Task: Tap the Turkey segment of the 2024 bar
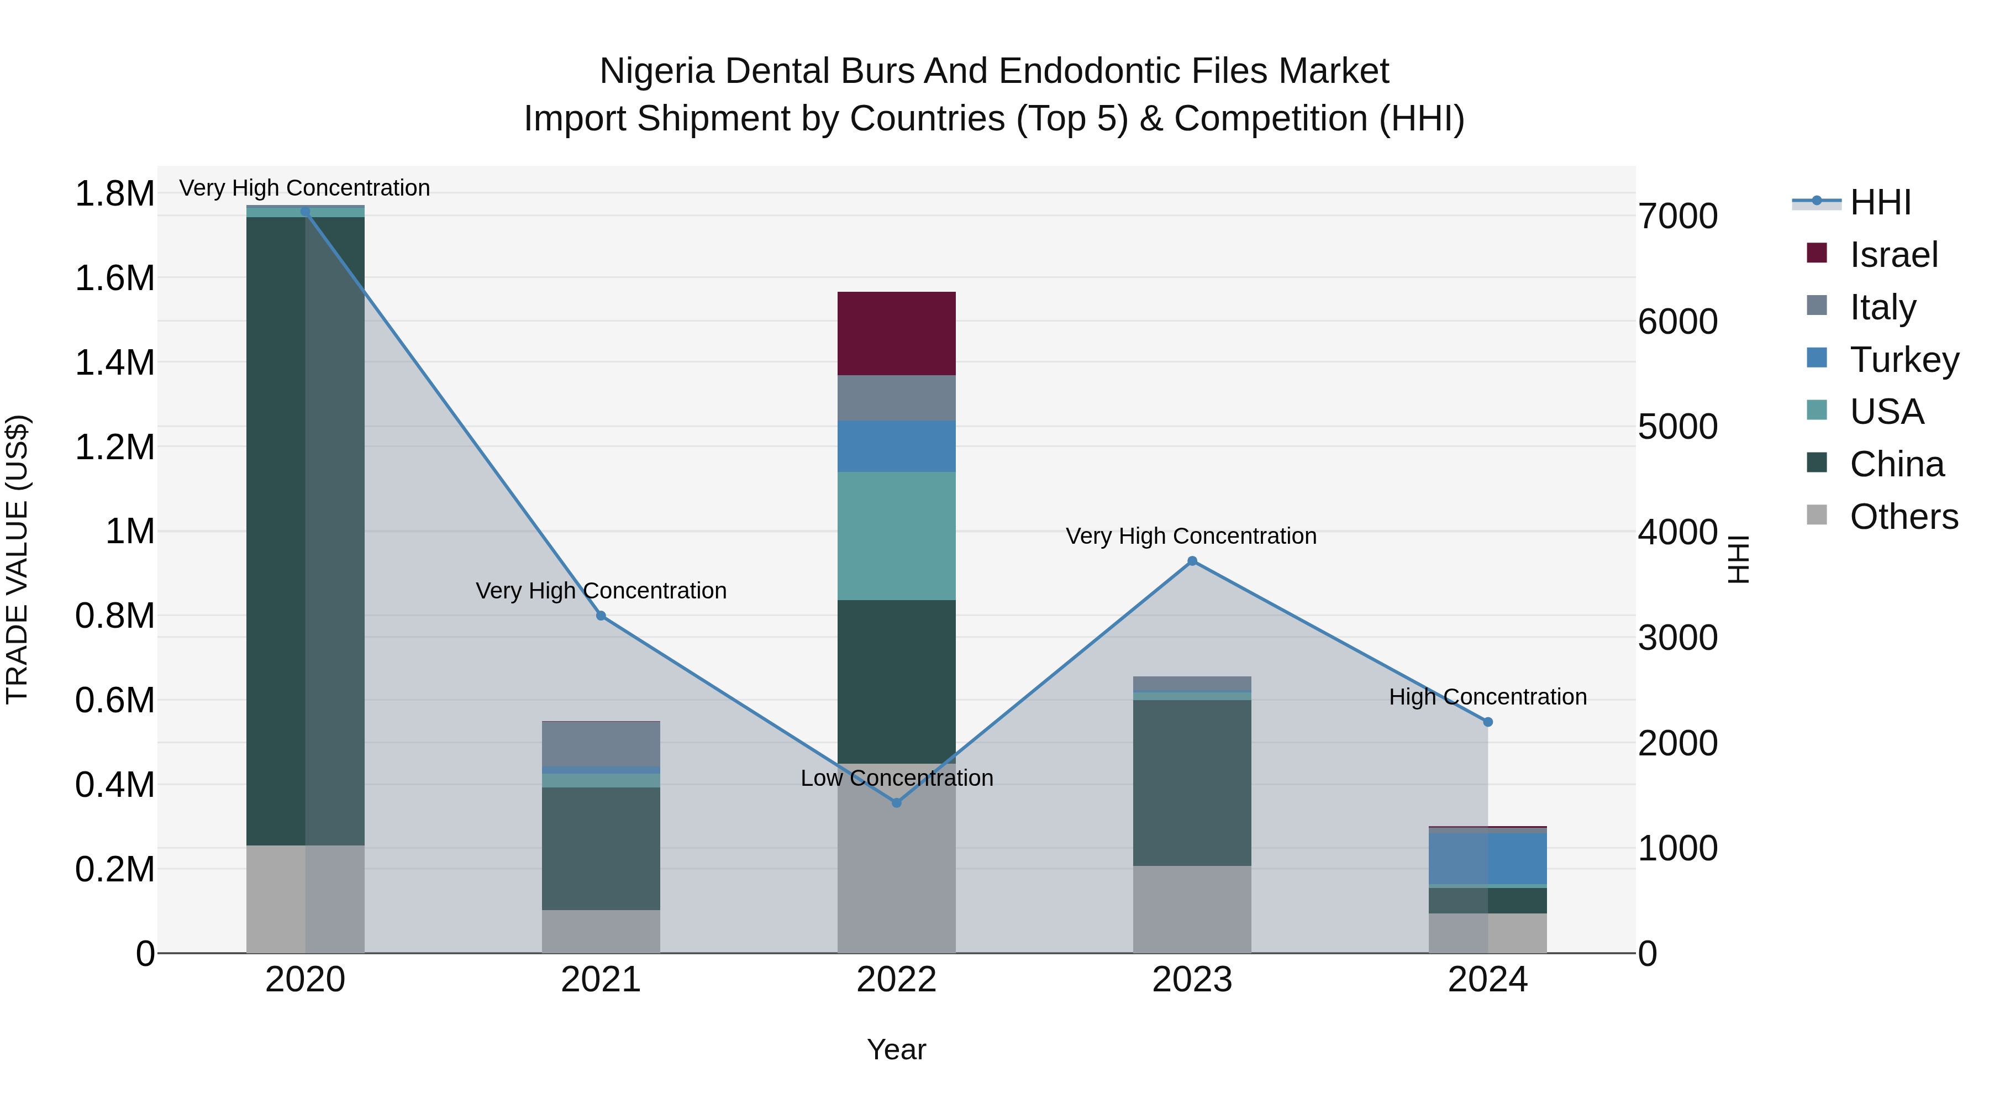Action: pos(1487,858)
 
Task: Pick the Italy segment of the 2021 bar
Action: pos(601,743)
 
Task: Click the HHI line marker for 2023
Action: pos(1192,561)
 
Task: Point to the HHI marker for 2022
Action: pos(897,803)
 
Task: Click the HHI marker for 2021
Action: pos(601,616)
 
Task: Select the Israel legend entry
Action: pos(1893,255)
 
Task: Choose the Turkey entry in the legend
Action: pos(1903,360)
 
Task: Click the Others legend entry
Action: pos(1903,517)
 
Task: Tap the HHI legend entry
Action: pos(1880,202)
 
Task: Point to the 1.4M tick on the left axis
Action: pos(114,362)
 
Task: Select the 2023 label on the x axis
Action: pos(1192,980)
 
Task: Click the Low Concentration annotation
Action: pos(897,777)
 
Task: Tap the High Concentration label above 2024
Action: pos(1487,697)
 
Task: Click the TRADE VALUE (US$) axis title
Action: pos(17,559)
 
